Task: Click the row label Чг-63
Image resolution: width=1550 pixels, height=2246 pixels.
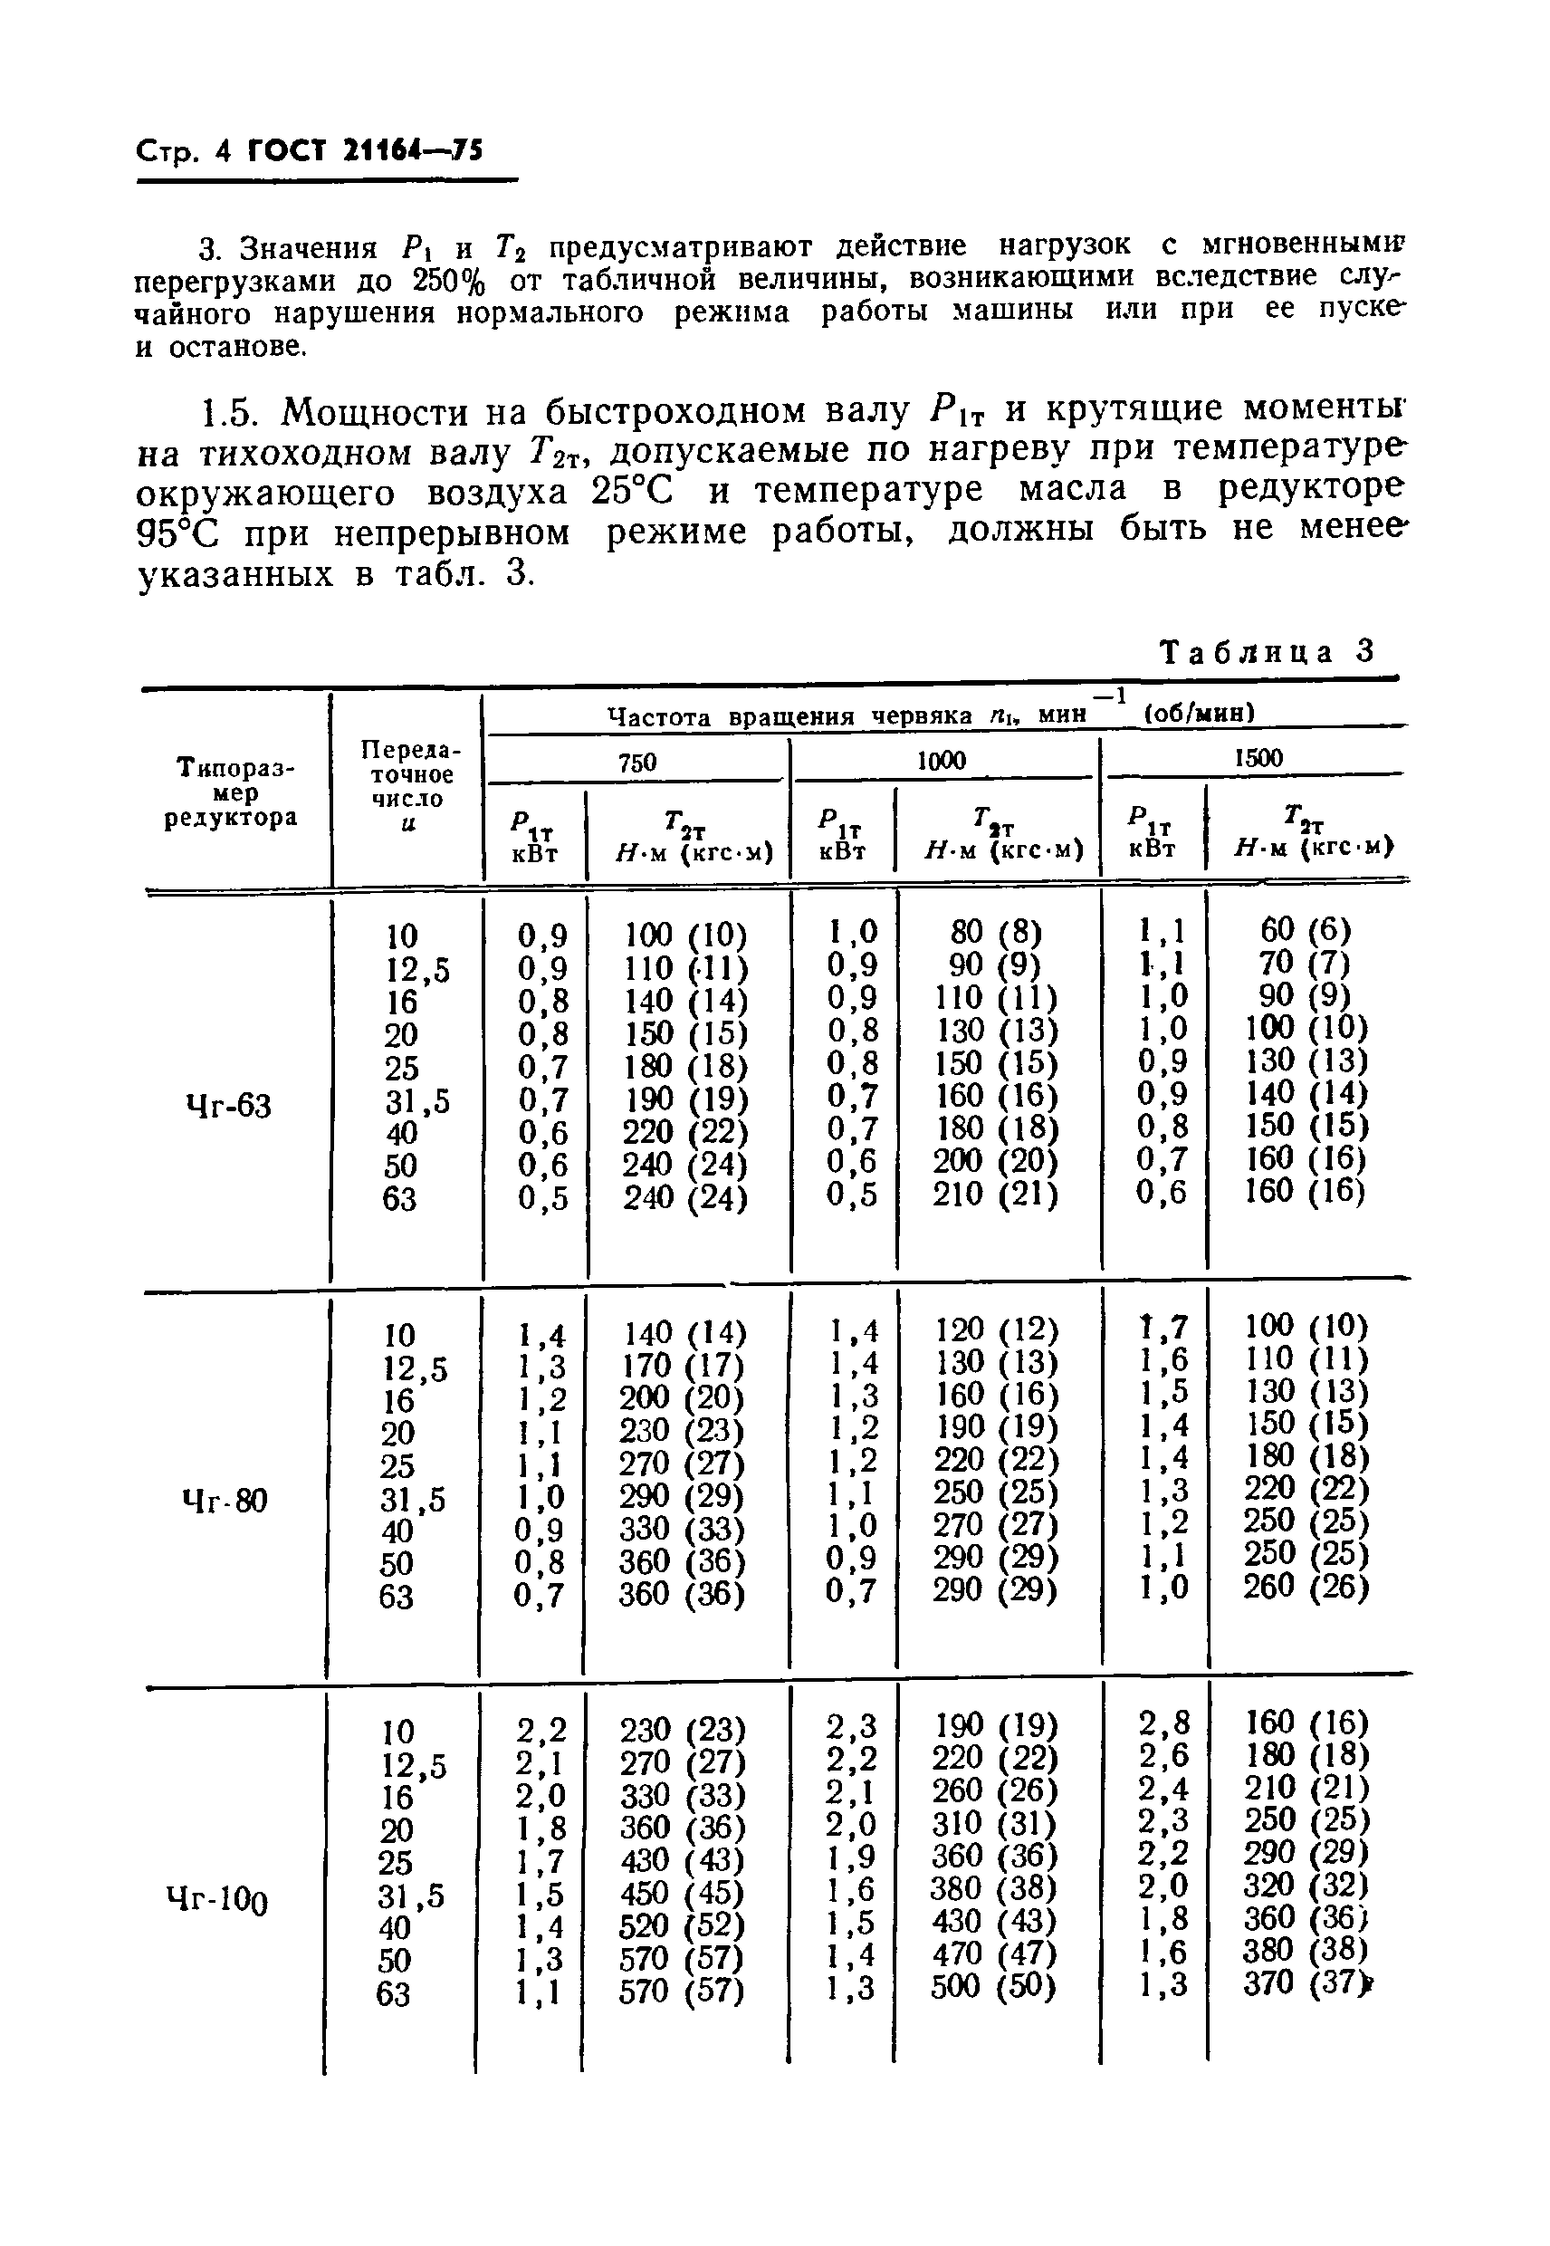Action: click(227, 1106)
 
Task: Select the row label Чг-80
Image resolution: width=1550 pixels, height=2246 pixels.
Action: click(225, 1501)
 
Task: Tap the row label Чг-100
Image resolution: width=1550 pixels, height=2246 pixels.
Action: click(217, 1897)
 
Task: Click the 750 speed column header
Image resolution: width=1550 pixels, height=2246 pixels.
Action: click(637, 763)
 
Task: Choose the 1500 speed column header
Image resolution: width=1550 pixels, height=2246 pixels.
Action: click(1258, 758)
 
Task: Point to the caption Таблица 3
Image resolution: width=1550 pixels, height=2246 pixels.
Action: click(1268, 651)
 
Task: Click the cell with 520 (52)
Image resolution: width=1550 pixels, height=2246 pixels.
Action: click(682, 1925)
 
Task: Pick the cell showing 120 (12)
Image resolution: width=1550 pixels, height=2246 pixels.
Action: click(994, 1328)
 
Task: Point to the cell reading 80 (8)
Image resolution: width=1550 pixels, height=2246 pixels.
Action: click(995, 933)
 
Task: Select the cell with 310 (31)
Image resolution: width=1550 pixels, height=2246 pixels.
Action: click(994, 1822)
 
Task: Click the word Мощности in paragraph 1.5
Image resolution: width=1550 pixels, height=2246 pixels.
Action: click(373, 413)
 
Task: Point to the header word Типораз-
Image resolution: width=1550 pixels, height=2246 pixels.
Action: click(235, 767)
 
